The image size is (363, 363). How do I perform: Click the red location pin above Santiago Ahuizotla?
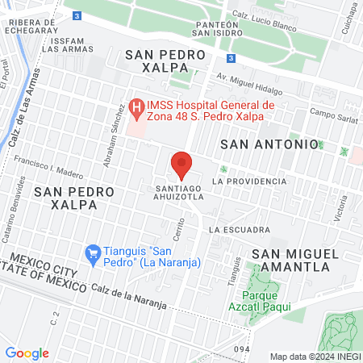(x=181, y=164)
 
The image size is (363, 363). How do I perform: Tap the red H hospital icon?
(x=137, y=106)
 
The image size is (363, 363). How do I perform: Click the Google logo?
(x=27, y=353)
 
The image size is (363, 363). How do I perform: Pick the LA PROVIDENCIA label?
(x=248, y=181)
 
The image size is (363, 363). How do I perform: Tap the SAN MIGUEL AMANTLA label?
(x=291, y=259)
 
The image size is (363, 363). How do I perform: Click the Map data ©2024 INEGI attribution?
(x=315, y=357)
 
